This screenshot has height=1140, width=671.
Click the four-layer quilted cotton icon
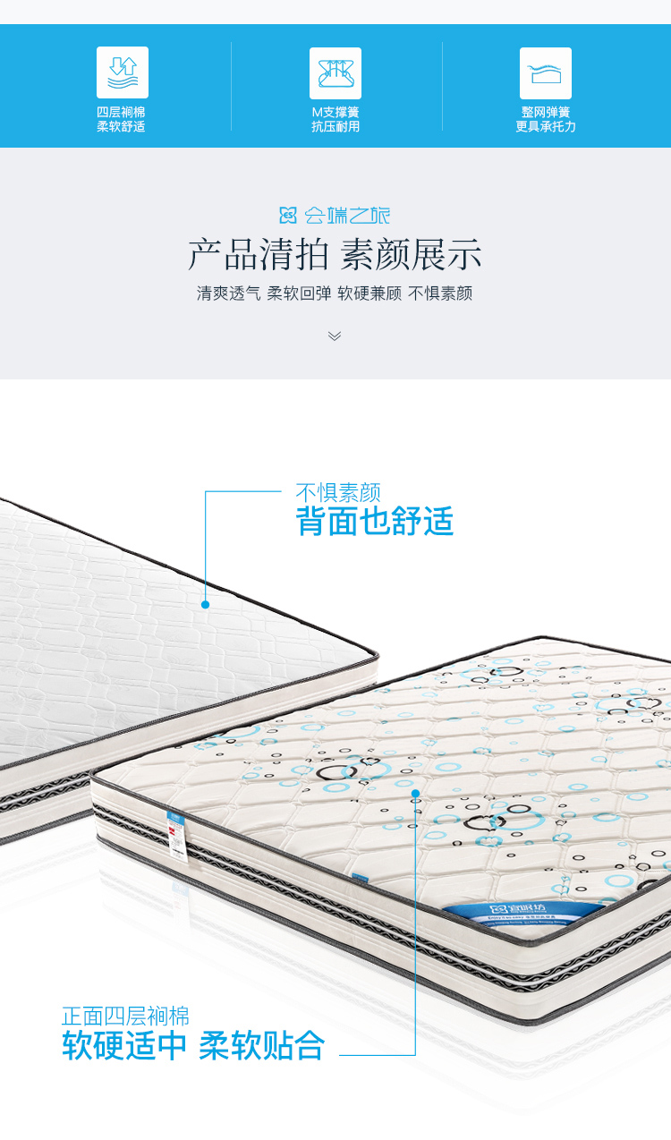point(123,72)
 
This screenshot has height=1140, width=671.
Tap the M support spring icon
point(335,72)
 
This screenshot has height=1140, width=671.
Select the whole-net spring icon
point(546,72)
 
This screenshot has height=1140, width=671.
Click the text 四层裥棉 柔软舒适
point(122,120)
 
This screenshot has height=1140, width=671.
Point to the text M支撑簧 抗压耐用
point(335,120)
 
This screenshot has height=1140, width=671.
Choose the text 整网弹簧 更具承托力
point(546,120)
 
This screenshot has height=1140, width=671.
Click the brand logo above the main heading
point(335,215)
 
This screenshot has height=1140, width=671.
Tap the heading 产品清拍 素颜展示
point(335,255)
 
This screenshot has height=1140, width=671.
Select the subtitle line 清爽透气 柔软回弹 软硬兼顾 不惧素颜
point(335,294)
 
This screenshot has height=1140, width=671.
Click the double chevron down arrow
point(335,336)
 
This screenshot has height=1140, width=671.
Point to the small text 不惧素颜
point(338,492)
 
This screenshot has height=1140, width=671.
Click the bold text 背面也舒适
point(375,522)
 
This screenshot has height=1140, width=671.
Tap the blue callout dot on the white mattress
point(205,605)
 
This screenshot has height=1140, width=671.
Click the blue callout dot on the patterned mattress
point(415,793)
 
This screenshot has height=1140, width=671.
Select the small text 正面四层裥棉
point(125,1017)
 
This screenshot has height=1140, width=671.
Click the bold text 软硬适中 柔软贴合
point(193,1045)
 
